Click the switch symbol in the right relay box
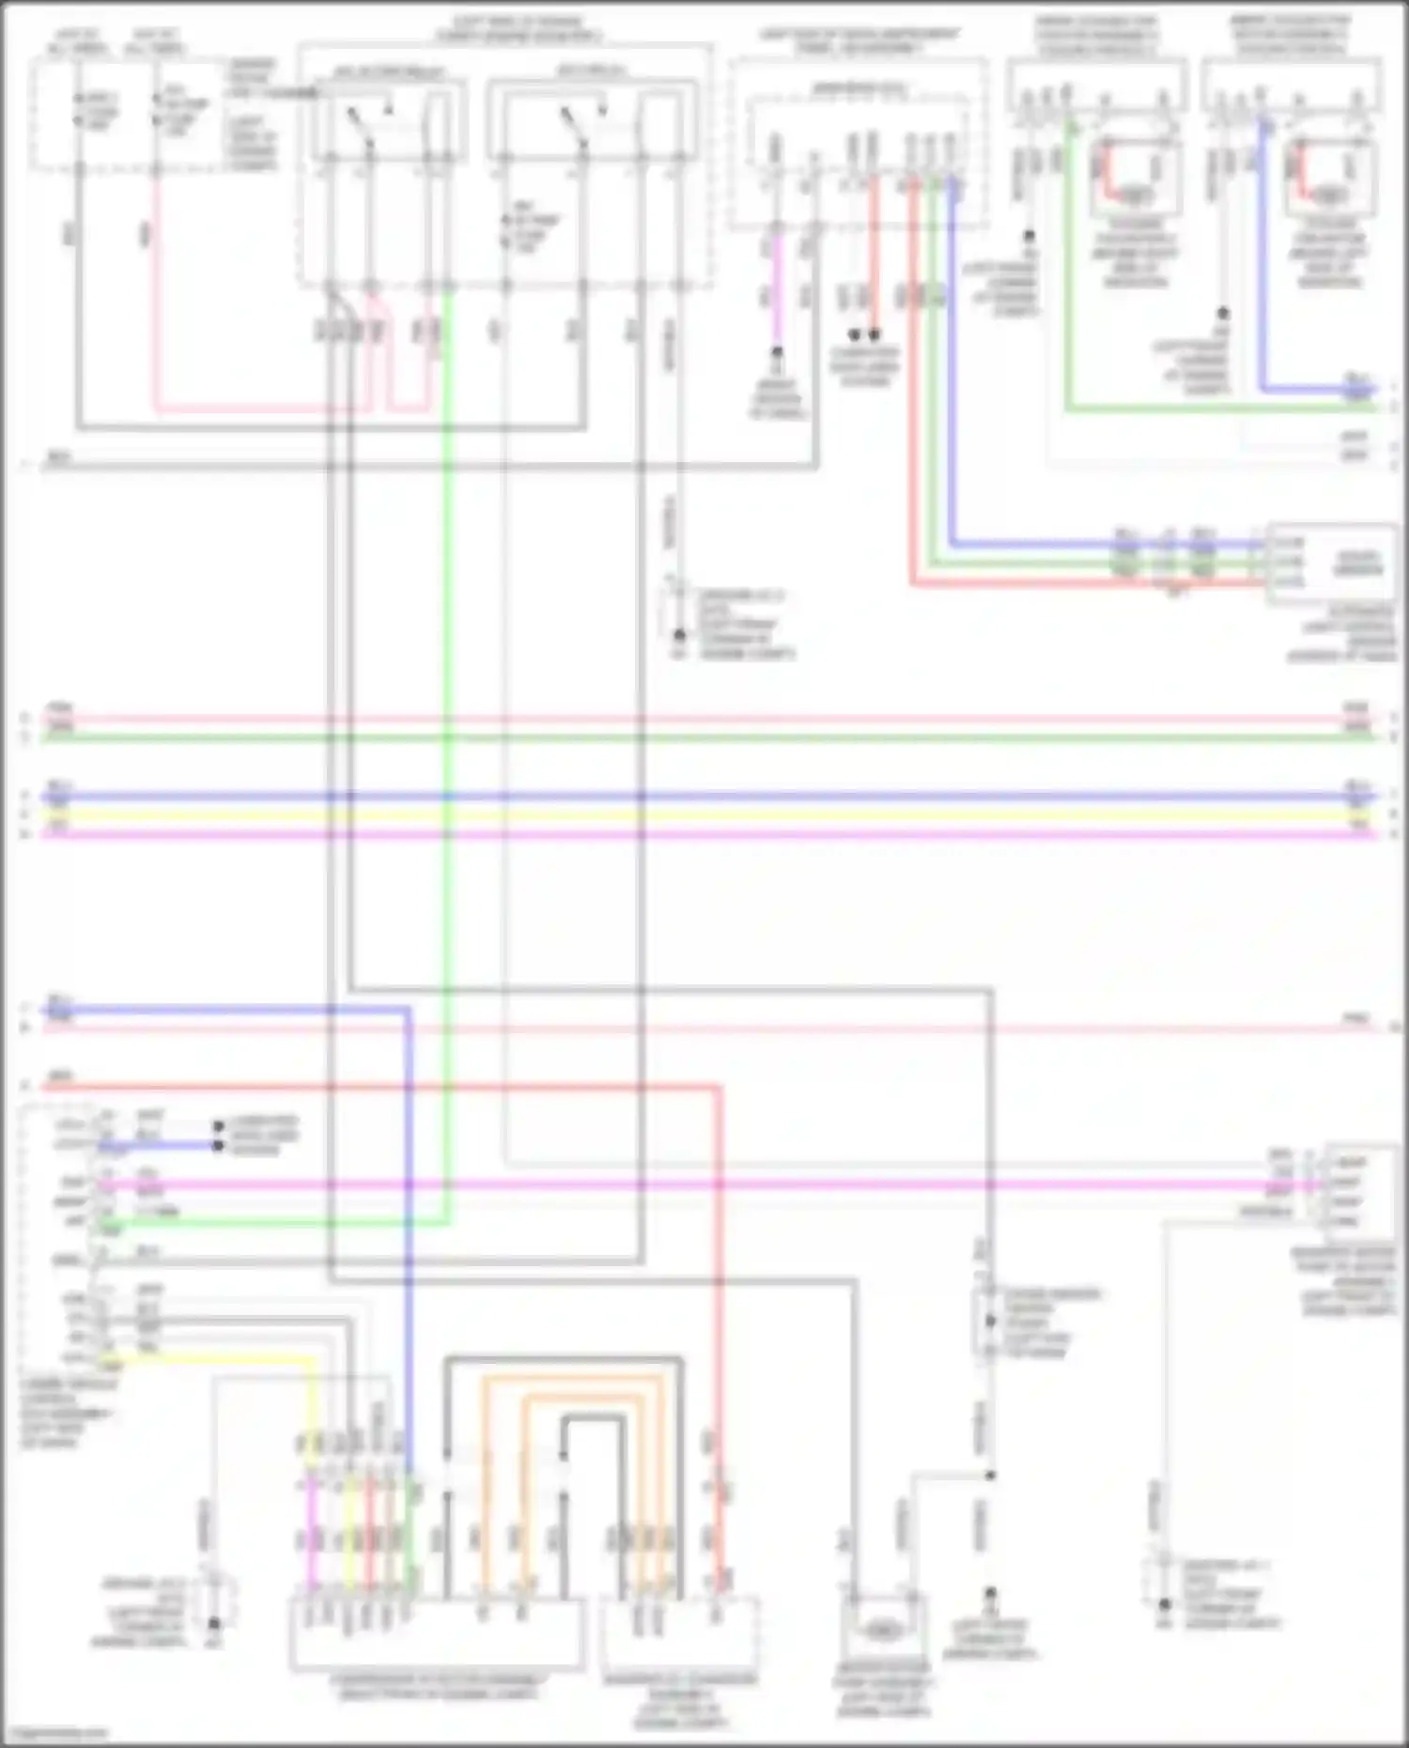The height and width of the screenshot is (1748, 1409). [572, 124]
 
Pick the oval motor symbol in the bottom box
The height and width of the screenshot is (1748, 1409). [881, 1632]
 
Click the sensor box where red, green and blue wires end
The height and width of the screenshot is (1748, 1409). [1330, 563]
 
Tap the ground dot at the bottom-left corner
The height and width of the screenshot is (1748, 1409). [214, 1624]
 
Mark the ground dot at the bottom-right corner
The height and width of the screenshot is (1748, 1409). [1165, 1605]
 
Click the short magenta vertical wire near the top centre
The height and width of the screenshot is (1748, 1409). [777, 291]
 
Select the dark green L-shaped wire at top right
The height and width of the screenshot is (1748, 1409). [1069, 282]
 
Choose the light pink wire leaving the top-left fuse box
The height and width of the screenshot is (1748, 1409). [156, 282]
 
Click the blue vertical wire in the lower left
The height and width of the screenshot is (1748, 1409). [409, 1221]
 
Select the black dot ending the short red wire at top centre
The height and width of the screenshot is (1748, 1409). [875, 334]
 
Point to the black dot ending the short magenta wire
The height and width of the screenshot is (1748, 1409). [777, 353]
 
